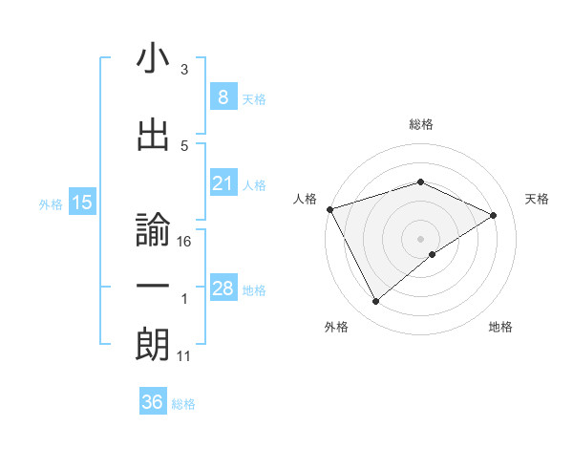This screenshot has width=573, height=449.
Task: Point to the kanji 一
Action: point(153,287)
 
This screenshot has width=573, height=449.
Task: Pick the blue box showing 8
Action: point(223,97)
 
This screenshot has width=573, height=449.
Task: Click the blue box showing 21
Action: point(223,184)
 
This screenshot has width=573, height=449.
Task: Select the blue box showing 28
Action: point(223,289)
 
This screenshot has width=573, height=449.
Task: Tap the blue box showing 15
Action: point(81,203)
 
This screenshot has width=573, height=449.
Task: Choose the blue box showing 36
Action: point(153,402)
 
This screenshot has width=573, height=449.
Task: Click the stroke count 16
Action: point(185,242)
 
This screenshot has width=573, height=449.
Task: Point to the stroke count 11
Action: point(184,356)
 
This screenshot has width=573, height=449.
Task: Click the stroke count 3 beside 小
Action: point(184,70)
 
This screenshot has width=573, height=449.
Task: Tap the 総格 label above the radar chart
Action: point(420,124)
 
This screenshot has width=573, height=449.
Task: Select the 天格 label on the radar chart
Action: point(537,199)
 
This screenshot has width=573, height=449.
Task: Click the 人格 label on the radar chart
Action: point(306,199)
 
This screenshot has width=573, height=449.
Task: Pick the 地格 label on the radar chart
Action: point(500,327)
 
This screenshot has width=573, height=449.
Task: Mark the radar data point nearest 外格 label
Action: point(375,302)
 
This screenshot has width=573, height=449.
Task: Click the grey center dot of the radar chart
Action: point(420,238)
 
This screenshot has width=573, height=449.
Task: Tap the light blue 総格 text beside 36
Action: point(183,404)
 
